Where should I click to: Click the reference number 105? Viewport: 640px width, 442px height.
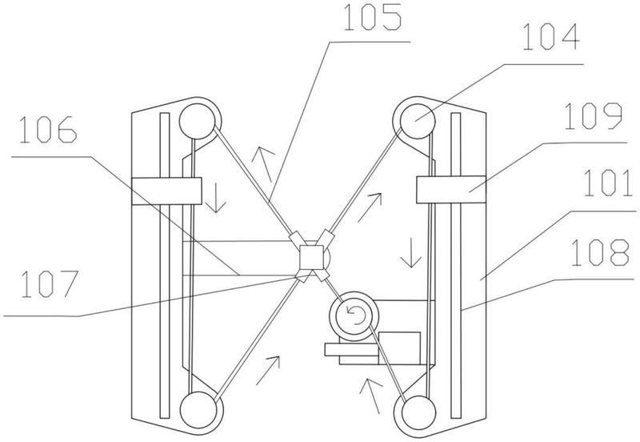[x=372, y=18]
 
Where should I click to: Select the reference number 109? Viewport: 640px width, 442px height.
[x=593, y=116]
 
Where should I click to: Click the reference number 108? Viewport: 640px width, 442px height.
[x=599, y=252]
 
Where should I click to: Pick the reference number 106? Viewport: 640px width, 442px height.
[x=48, y=129]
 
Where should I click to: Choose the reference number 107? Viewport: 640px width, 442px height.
[x=50, y=284]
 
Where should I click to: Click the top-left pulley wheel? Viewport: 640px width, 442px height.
[x=197, y=121]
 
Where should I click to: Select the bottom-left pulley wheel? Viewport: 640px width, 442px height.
[x=198, y=410]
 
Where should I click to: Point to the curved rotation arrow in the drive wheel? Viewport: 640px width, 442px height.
[x=356, y=315]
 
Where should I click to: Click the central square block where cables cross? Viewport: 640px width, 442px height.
[x=311, y=258]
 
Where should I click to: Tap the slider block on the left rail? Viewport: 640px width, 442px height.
[x=166, y=191]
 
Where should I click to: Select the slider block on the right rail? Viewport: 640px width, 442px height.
[x=451, y=189]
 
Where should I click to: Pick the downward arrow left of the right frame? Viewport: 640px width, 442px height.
[x=410, y=252]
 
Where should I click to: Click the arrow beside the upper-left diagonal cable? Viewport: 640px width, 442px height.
[x=264, y=164]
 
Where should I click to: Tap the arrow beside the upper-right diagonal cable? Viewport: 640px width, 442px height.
[x=370, y=207]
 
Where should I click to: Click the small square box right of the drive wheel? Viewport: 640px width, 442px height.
[x=399, y=348]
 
